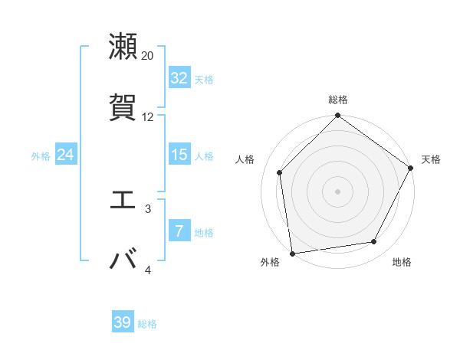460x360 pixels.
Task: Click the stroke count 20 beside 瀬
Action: (x=148, y=55)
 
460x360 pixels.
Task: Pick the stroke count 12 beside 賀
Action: (x=148, y=117)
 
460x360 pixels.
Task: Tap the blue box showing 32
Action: (x=179, y=78)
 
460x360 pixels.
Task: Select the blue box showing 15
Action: (x=179, y=155)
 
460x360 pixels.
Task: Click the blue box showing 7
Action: (x=179, y=231)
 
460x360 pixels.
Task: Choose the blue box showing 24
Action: (x=65, y=155)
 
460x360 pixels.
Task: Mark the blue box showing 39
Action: (x=123, y=322)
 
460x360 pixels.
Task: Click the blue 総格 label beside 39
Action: (x=147, y=324)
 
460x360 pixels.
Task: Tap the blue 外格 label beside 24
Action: (x=41, y=156)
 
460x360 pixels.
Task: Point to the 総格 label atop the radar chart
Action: (x=338, y=100)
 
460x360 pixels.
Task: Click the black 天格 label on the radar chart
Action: (x=431, y=159)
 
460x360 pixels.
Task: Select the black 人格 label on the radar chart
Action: (x=245, y=159)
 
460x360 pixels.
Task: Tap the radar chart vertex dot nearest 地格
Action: (x=374, y=241)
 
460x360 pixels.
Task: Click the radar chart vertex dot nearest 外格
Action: (x=292, y=253)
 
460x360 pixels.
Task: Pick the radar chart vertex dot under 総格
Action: (x=337, y=116)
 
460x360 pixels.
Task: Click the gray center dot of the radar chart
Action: (x=337, y=191)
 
